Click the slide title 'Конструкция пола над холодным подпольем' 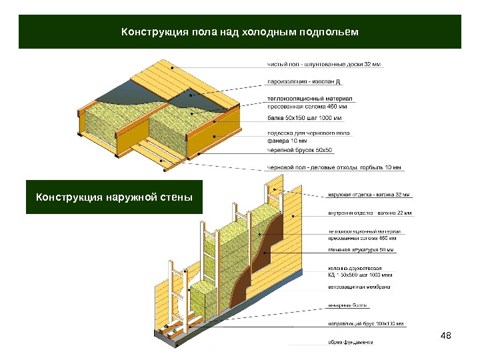[x=239, y=32]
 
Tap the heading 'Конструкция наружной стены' [x=114, y=197]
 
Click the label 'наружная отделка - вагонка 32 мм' [x=368, y=195]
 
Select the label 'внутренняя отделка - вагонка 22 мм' [x=369, y=213]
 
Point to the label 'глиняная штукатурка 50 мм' [x=360, y=251]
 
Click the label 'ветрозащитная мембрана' [x=359, y=287]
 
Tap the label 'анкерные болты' [x=345, y=307]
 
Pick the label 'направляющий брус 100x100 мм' [x=365, y=325]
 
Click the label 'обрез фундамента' [x=349, y=343]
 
